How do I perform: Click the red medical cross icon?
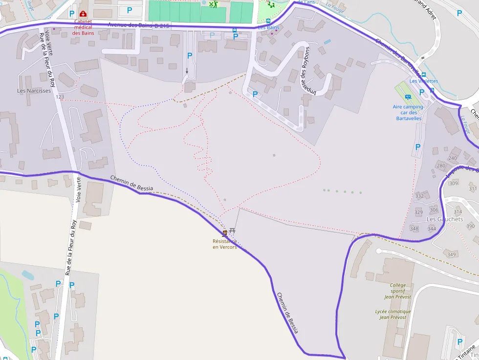pos(83,14)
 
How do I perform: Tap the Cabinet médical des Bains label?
pos(83,27)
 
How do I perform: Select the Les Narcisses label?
pos(34,91)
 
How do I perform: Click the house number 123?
pos(60,97)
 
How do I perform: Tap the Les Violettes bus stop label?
pos(424,81)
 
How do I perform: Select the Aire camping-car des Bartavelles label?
pos(408,112)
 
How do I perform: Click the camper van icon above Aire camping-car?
pos(408,97)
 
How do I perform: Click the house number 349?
pos(452,254)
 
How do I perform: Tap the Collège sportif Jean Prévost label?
pos(397,291)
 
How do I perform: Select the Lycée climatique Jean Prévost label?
pos(393,314)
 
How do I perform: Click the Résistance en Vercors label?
pos(225,244)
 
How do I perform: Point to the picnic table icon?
pos(232,231)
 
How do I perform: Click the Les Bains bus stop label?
pos(268,27)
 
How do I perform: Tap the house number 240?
pos(453,158)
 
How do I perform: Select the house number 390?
pos(470,226)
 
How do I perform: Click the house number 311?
pos(473,189)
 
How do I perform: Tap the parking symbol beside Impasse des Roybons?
pos(255,94)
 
